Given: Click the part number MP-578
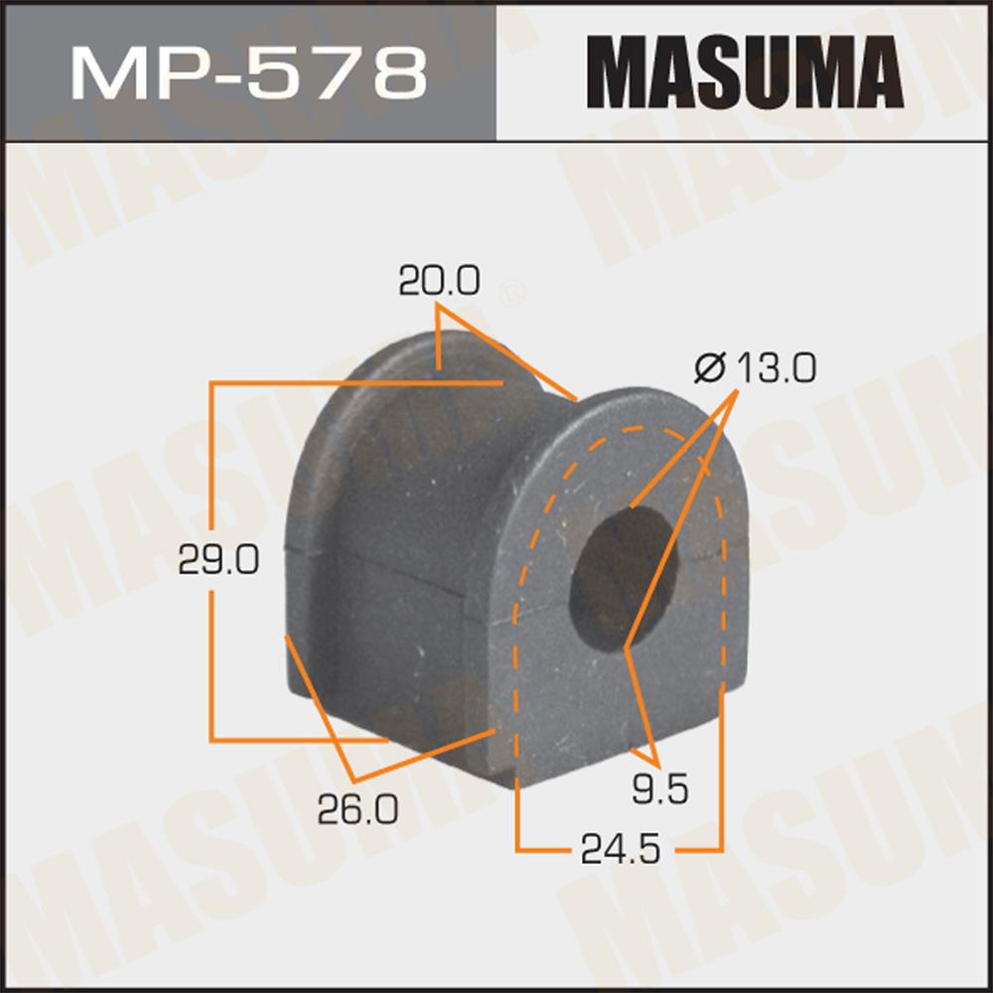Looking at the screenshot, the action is [x=249, y=74].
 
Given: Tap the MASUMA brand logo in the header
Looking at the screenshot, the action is [x=745, y=72].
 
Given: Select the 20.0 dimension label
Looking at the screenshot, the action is [x=440, y=281].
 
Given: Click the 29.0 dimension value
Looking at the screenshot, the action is [x=218, y=560].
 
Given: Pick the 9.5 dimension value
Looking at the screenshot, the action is [x=660, y=788].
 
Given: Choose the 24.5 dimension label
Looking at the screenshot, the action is [x=621, y=849].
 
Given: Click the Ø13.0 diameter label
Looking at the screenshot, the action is [x=755, y=368].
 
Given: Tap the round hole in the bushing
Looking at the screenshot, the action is [x=624, y=580].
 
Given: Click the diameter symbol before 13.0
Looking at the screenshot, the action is [x=709, y=368].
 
